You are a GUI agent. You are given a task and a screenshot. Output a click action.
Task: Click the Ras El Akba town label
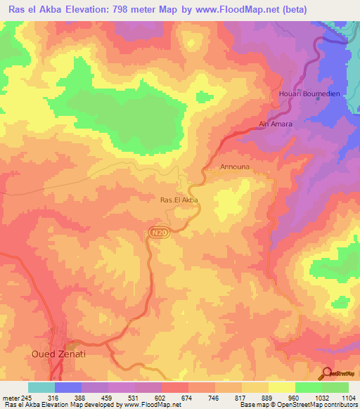click(x=180, y=200)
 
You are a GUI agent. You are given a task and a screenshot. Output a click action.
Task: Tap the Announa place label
click(x=235, y=168)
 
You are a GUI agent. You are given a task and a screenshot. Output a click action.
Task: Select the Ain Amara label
click(x=276, y=124)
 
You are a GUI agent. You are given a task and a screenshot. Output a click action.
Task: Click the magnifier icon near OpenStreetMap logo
click(x=326, y=373)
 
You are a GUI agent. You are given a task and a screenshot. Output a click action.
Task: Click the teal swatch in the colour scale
click(x=41, y=388)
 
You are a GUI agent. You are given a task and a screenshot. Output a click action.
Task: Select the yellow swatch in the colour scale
click(x=282, y=388)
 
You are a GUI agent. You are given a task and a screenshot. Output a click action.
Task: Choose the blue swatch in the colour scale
click(x=68, y=388)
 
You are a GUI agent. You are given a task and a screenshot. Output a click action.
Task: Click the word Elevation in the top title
click(x=101, y=11)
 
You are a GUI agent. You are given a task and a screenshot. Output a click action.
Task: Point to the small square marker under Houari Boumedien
click(x=318, y=98)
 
